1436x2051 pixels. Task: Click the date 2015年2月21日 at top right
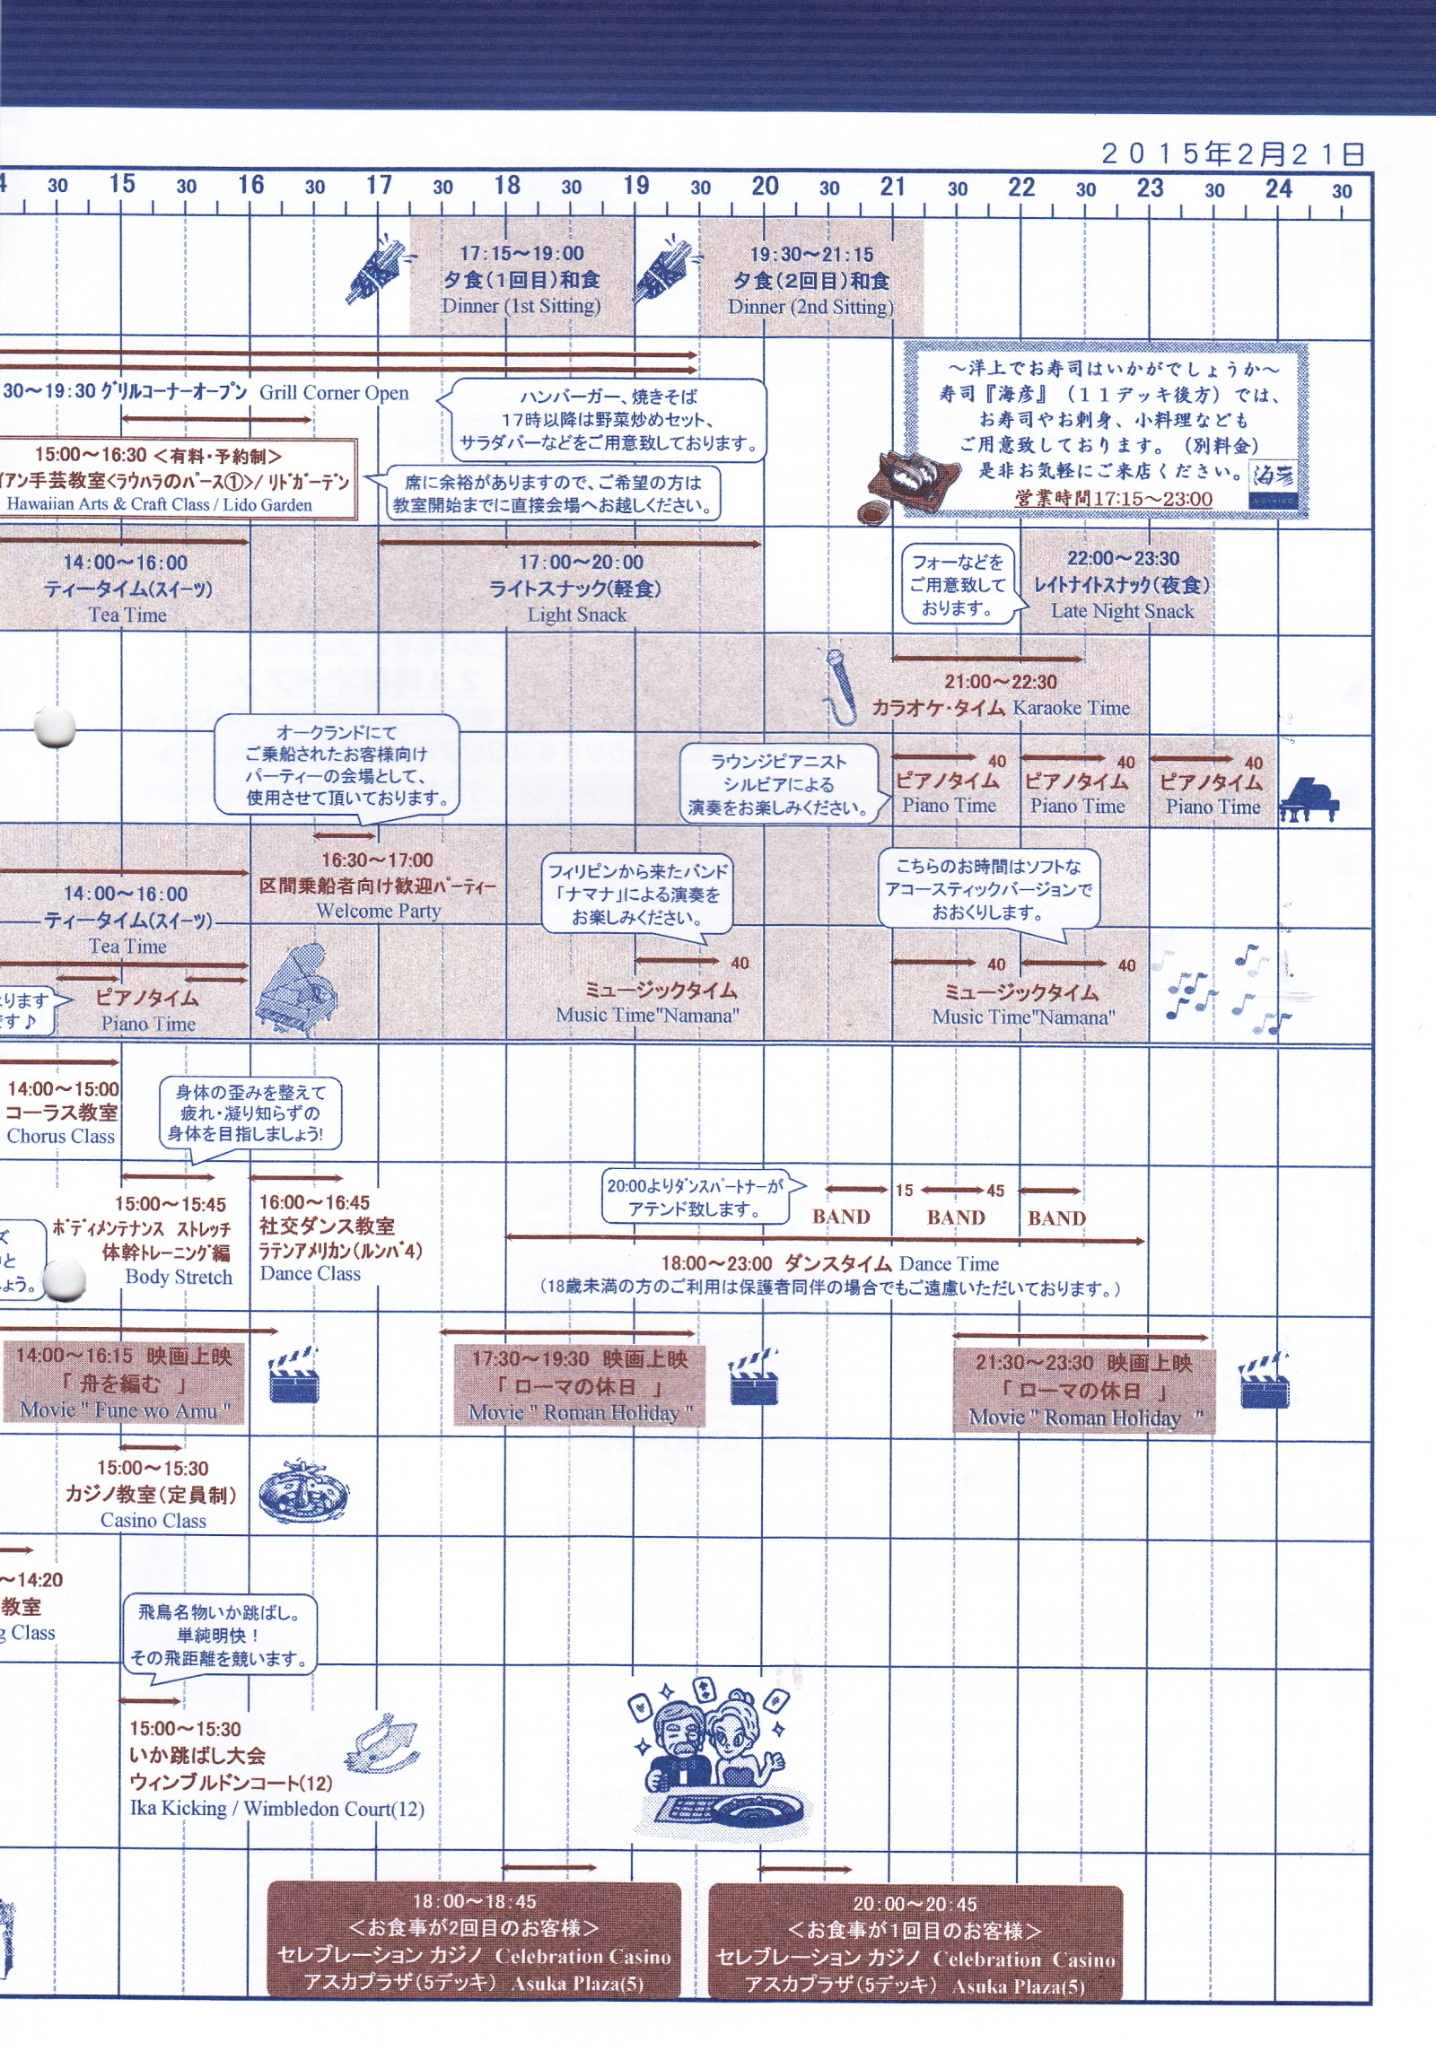(1232, 153)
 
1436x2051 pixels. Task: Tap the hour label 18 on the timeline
(507, 186)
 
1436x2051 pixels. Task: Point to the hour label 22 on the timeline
(1021, 188)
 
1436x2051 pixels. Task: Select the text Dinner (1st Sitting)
(521, 306)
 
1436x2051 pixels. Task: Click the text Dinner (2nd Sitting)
(810, 307)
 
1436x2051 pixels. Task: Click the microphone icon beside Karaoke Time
(838, 686)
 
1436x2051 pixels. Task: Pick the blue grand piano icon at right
(1308, 799)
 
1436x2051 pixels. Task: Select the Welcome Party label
(378, 912)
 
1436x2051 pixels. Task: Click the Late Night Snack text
(1122, 612)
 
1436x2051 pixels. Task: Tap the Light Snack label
(576, 615)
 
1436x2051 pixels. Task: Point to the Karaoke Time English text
(1071, 708)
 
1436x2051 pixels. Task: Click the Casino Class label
(153, 1521)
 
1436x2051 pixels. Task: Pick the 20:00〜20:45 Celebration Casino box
(915, 1944)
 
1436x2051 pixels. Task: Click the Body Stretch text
(179, 1277)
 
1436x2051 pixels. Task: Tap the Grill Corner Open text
(334, 393)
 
